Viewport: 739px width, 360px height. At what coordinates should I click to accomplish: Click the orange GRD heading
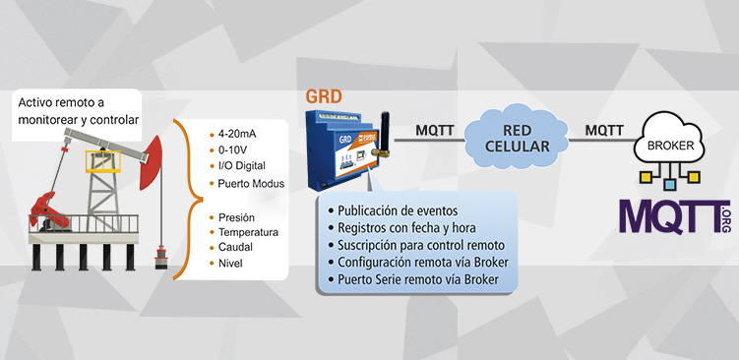tap(324, 96)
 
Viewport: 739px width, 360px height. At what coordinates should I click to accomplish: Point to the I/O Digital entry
tap(245, 166)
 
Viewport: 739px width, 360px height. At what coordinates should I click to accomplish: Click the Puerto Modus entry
tap(250, 183)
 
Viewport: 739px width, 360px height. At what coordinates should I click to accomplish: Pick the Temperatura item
tap(247, 232)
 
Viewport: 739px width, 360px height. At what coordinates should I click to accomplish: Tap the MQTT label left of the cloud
tap(435, 130)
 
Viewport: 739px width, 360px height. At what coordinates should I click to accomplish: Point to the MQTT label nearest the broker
tap(604, 130)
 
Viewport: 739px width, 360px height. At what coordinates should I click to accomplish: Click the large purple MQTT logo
tap(669, 215)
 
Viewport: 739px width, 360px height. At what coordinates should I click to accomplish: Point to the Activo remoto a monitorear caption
tap(78, 110)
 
